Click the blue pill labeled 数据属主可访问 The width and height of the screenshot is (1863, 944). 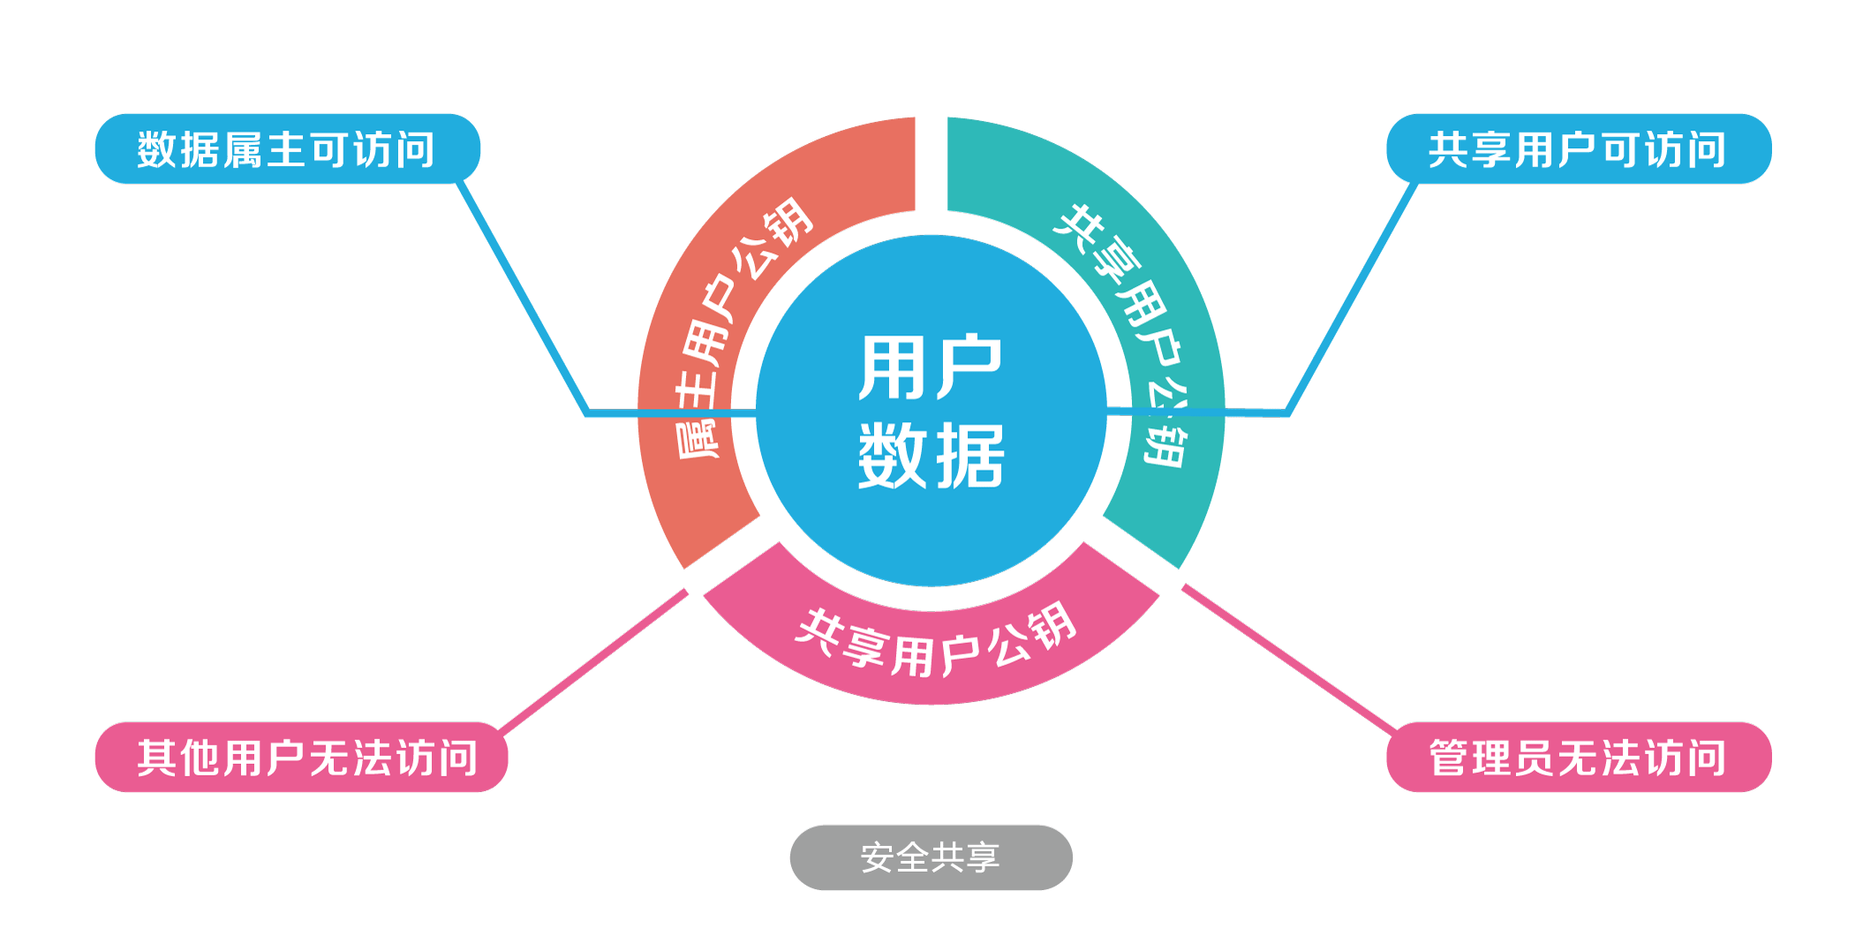click(287, 148)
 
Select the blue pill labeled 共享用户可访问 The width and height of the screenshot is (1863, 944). click(1578, 148)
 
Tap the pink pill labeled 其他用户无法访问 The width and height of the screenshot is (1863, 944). click(301, 757)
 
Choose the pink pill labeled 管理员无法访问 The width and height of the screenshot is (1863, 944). click(1578, 757)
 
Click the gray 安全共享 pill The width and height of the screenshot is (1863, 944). click(931, 857)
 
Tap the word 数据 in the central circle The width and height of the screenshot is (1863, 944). click(931, 456)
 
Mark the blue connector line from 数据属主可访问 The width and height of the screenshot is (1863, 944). click(521, 296)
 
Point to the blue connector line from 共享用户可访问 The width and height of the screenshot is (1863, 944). click(1351, 296)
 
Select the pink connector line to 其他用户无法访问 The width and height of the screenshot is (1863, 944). click(592, 662)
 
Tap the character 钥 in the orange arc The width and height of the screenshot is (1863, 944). click(788, 219)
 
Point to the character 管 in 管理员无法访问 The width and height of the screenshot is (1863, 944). click(1450, 758)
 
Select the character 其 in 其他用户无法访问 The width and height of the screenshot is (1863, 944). click(157, 758)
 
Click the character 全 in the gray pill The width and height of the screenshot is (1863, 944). click(913, 857)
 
